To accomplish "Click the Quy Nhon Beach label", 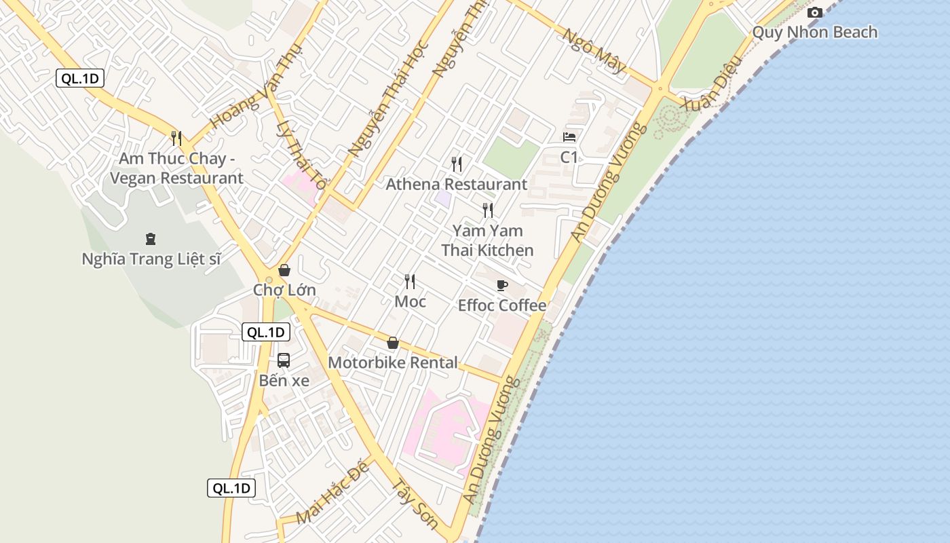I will point(814,32).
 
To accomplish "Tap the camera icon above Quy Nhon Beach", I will point(815,12).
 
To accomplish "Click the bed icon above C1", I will point(569,137).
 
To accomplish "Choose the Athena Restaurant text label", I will point(456,184).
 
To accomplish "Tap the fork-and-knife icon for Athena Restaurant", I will point(457,164).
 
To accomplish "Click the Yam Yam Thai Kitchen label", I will point(487,240).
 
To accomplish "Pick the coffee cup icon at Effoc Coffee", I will point(502,285).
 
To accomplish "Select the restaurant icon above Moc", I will point(410,281).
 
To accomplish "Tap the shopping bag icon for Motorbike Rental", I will point(392,343).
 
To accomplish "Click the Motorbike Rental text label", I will point(393,362).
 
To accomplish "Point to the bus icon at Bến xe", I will point(284,360).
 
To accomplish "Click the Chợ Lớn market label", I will point(284,290).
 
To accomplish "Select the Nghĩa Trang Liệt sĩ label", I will point(151,259).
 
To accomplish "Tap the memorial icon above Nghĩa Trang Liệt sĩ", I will point(150,238).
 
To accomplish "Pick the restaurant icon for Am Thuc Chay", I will point(176,138).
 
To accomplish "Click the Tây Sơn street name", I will point(415,504).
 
